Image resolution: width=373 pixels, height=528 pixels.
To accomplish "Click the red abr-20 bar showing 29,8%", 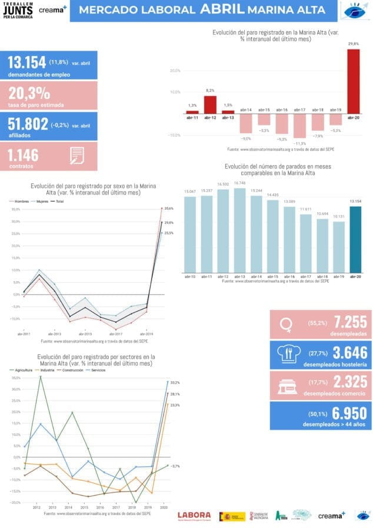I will (x=353, y=81).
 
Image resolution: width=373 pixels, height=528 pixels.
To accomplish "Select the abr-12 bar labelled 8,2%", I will (x=211, y=104).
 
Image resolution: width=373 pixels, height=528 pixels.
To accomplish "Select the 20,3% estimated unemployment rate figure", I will (x=29, y=94).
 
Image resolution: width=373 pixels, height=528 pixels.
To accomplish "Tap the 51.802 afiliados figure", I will (x=28, y=124).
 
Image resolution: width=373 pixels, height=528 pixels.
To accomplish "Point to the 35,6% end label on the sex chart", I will (x=169, y=208).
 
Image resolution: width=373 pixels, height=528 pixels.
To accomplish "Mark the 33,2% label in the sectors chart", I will (x=175, y=382).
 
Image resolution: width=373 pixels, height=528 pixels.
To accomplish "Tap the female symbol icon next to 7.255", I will (x=287, y=323).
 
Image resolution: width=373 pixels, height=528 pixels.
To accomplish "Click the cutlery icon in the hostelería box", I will (x=287, y=354).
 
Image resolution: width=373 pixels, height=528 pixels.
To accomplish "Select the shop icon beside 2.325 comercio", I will (x=287, y=385).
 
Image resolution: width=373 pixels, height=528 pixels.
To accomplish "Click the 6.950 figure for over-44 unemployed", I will (x=350, y=414).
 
